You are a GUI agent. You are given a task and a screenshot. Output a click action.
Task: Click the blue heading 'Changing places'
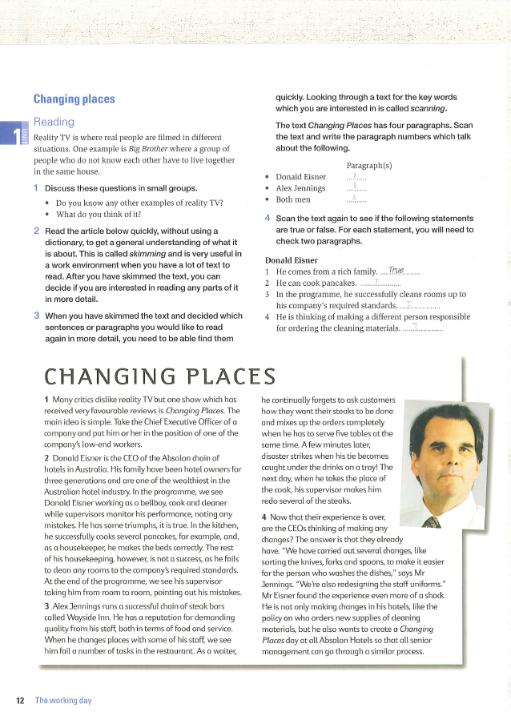pos(74,99)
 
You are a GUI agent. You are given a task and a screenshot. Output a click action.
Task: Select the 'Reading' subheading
pos(54,122)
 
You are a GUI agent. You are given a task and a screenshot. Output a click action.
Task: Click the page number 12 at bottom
pos(20,700)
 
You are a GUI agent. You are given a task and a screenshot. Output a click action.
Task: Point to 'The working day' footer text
pos(62,700)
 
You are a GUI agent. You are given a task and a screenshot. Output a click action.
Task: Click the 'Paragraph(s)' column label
pos(368,165)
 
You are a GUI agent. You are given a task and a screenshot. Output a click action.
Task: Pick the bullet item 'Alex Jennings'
pos(300,188)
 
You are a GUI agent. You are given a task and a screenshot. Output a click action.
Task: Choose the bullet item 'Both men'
pos(293,199)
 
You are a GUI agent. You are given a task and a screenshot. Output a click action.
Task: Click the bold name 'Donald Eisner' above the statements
pos(291,259)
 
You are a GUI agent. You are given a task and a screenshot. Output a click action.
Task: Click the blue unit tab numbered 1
pos(12,134)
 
